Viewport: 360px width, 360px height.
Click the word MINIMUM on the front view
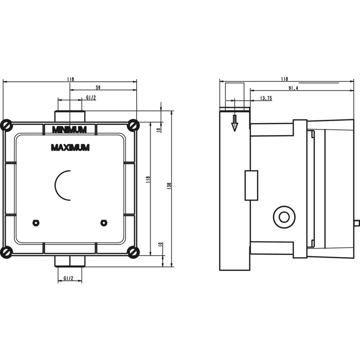pos(69,130)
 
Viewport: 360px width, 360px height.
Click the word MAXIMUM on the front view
pos(70,147)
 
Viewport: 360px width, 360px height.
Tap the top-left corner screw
pos(6,125)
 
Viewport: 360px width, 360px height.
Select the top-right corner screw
pos(134,125)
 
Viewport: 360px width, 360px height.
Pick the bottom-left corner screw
pos(6,252)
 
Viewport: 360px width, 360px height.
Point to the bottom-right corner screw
pos(134,252)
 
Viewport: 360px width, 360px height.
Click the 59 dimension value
pos(98,87)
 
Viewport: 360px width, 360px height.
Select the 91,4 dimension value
pos(293,88)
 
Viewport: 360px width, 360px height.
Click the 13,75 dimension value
pos(266,98)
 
